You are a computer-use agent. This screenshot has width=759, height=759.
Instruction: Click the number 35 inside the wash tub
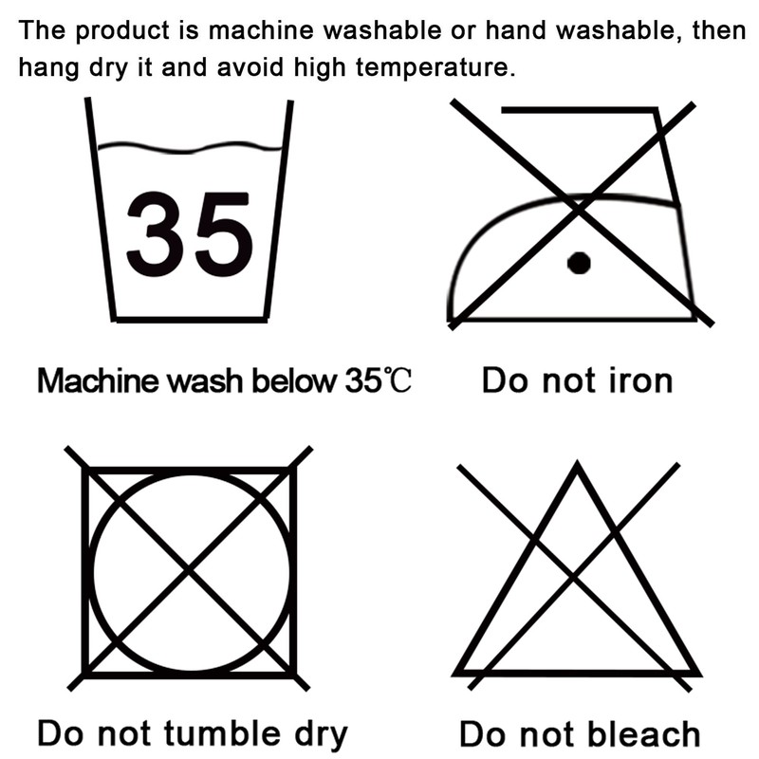pos(189,234)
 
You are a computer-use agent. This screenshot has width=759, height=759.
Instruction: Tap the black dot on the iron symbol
pos(579,263)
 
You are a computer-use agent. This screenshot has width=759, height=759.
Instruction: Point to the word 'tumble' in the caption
pos(223,732)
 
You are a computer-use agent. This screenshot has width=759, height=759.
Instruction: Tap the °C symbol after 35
pos(397,380)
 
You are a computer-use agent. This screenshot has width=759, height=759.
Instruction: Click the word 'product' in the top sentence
pos(122,31)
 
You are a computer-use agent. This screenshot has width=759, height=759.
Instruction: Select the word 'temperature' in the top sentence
pos(433,67)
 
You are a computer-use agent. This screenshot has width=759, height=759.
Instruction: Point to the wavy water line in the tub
pos(191,148)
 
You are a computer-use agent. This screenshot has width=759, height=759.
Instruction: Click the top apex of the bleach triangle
pos(577,463)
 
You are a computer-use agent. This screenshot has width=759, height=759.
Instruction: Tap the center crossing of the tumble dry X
pos(189,568)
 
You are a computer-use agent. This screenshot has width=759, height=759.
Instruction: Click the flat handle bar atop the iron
pos(580,110)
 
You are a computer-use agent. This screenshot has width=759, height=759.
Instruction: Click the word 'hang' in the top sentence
pos(48,67)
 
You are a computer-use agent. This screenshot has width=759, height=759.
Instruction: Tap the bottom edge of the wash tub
pos(191,319)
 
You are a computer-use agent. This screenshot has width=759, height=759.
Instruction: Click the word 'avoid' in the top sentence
pos(250,66)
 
